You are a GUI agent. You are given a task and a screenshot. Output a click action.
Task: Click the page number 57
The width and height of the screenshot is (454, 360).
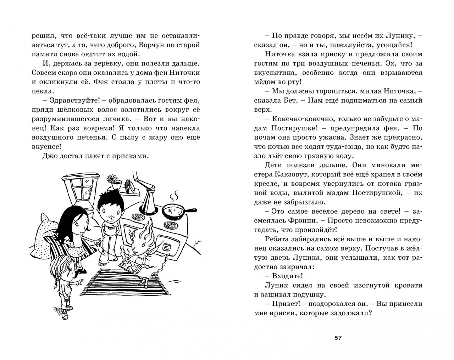click(338, 338)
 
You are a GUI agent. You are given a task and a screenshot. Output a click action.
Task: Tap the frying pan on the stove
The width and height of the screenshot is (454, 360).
click(174, 212)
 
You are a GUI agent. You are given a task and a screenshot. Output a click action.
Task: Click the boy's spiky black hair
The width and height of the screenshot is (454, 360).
click(108, 200)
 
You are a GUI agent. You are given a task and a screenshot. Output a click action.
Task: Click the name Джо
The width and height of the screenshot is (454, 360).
click(49, 156)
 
